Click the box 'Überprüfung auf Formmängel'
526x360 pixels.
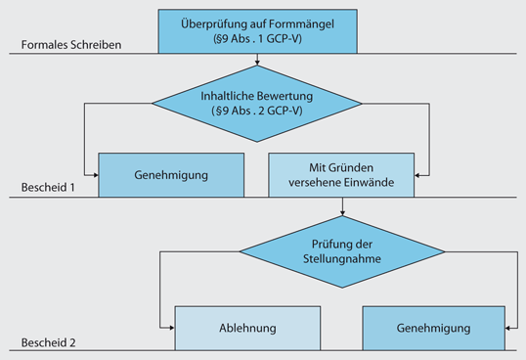[x=257, y=30]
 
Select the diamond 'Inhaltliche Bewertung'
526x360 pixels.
[x=257, y=103]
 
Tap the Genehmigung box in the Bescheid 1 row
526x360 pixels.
[x=172, y=174]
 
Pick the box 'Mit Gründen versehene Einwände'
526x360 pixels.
[x=342, y=174]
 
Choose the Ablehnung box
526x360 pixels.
[x=247, y=329]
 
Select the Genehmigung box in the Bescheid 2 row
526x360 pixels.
[x=435, y=329]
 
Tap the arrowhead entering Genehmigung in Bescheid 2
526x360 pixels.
[x=512, y=328]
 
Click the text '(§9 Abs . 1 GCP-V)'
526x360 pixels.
[x=257, y=38]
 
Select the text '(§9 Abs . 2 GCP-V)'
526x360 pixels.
[x=257, y=111]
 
